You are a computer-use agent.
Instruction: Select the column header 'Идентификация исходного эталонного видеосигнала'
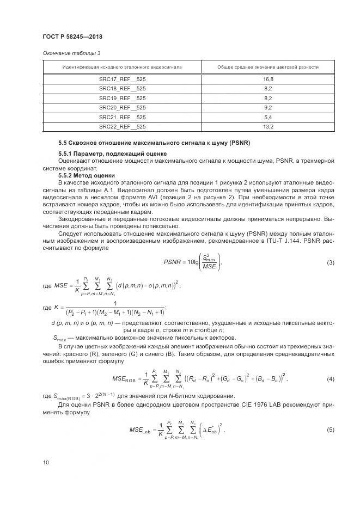(122, 67)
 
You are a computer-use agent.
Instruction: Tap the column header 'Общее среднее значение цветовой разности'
(268, 67)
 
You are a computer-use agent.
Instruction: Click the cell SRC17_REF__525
(122, 79)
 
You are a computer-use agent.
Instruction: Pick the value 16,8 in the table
(268, 79)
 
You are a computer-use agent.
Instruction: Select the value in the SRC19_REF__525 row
(268, 98)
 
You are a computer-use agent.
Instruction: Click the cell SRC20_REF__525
(122, 107)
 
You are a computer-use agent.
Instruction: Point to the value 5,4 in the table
(268, 117)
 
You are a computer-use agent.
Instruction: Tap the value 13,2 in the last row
(268, 126)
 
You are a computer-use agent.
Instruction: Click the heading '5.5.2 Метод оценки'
(86, 175)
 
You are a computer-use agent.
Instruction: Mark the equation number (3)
(330, 263)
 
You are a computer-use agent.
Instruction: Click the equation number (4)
(330, 378)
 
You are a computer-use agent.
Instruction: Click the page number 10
(45, 462)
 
